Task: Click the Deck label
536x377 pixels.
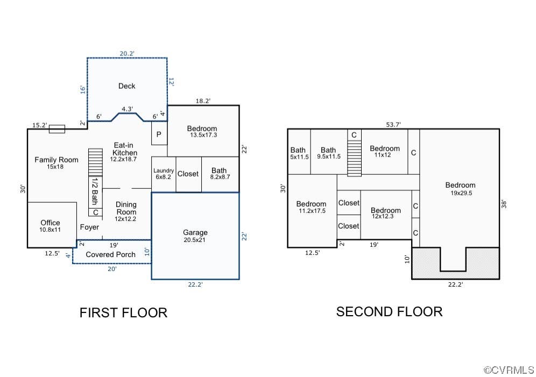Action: coord(126,86)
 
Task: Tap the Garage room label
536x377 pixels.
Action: coord(195,232)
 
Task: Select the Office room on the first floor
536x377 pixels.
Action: coord(52,225)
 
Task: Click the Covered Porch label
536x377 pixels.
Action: coord(110,254)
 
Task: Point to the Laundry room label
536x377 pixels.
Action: coord(164,170)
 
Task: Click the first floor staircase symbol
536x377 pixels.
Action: coord(95,162)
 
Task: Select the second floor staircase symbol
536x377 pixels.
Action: coord(355,158)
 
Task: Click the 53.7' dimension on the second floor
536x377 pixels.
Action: coord(393,125)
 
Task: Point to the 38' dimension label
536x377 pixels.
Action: coord(504,204)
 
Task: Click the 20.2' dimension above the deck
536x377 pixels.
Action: coord(127,54)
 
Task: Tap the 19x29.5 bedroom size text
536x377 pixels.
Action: coord(461,193)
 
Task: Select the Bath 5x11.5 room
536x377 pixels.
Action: coord(299,152)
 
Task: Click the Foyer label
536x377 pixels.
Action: coord(89,227)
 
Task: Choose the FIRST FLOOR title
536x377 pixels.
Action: coord(123,313)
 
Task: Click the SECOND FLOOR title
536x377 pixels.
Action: coord(389,312)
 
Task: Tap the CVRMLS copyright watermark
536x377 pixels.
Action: coord(509,370)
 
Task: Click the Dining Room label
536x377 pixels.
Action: coord(126,208)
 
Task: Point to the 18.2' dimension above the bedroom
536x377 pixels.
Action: coord(203,101)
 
